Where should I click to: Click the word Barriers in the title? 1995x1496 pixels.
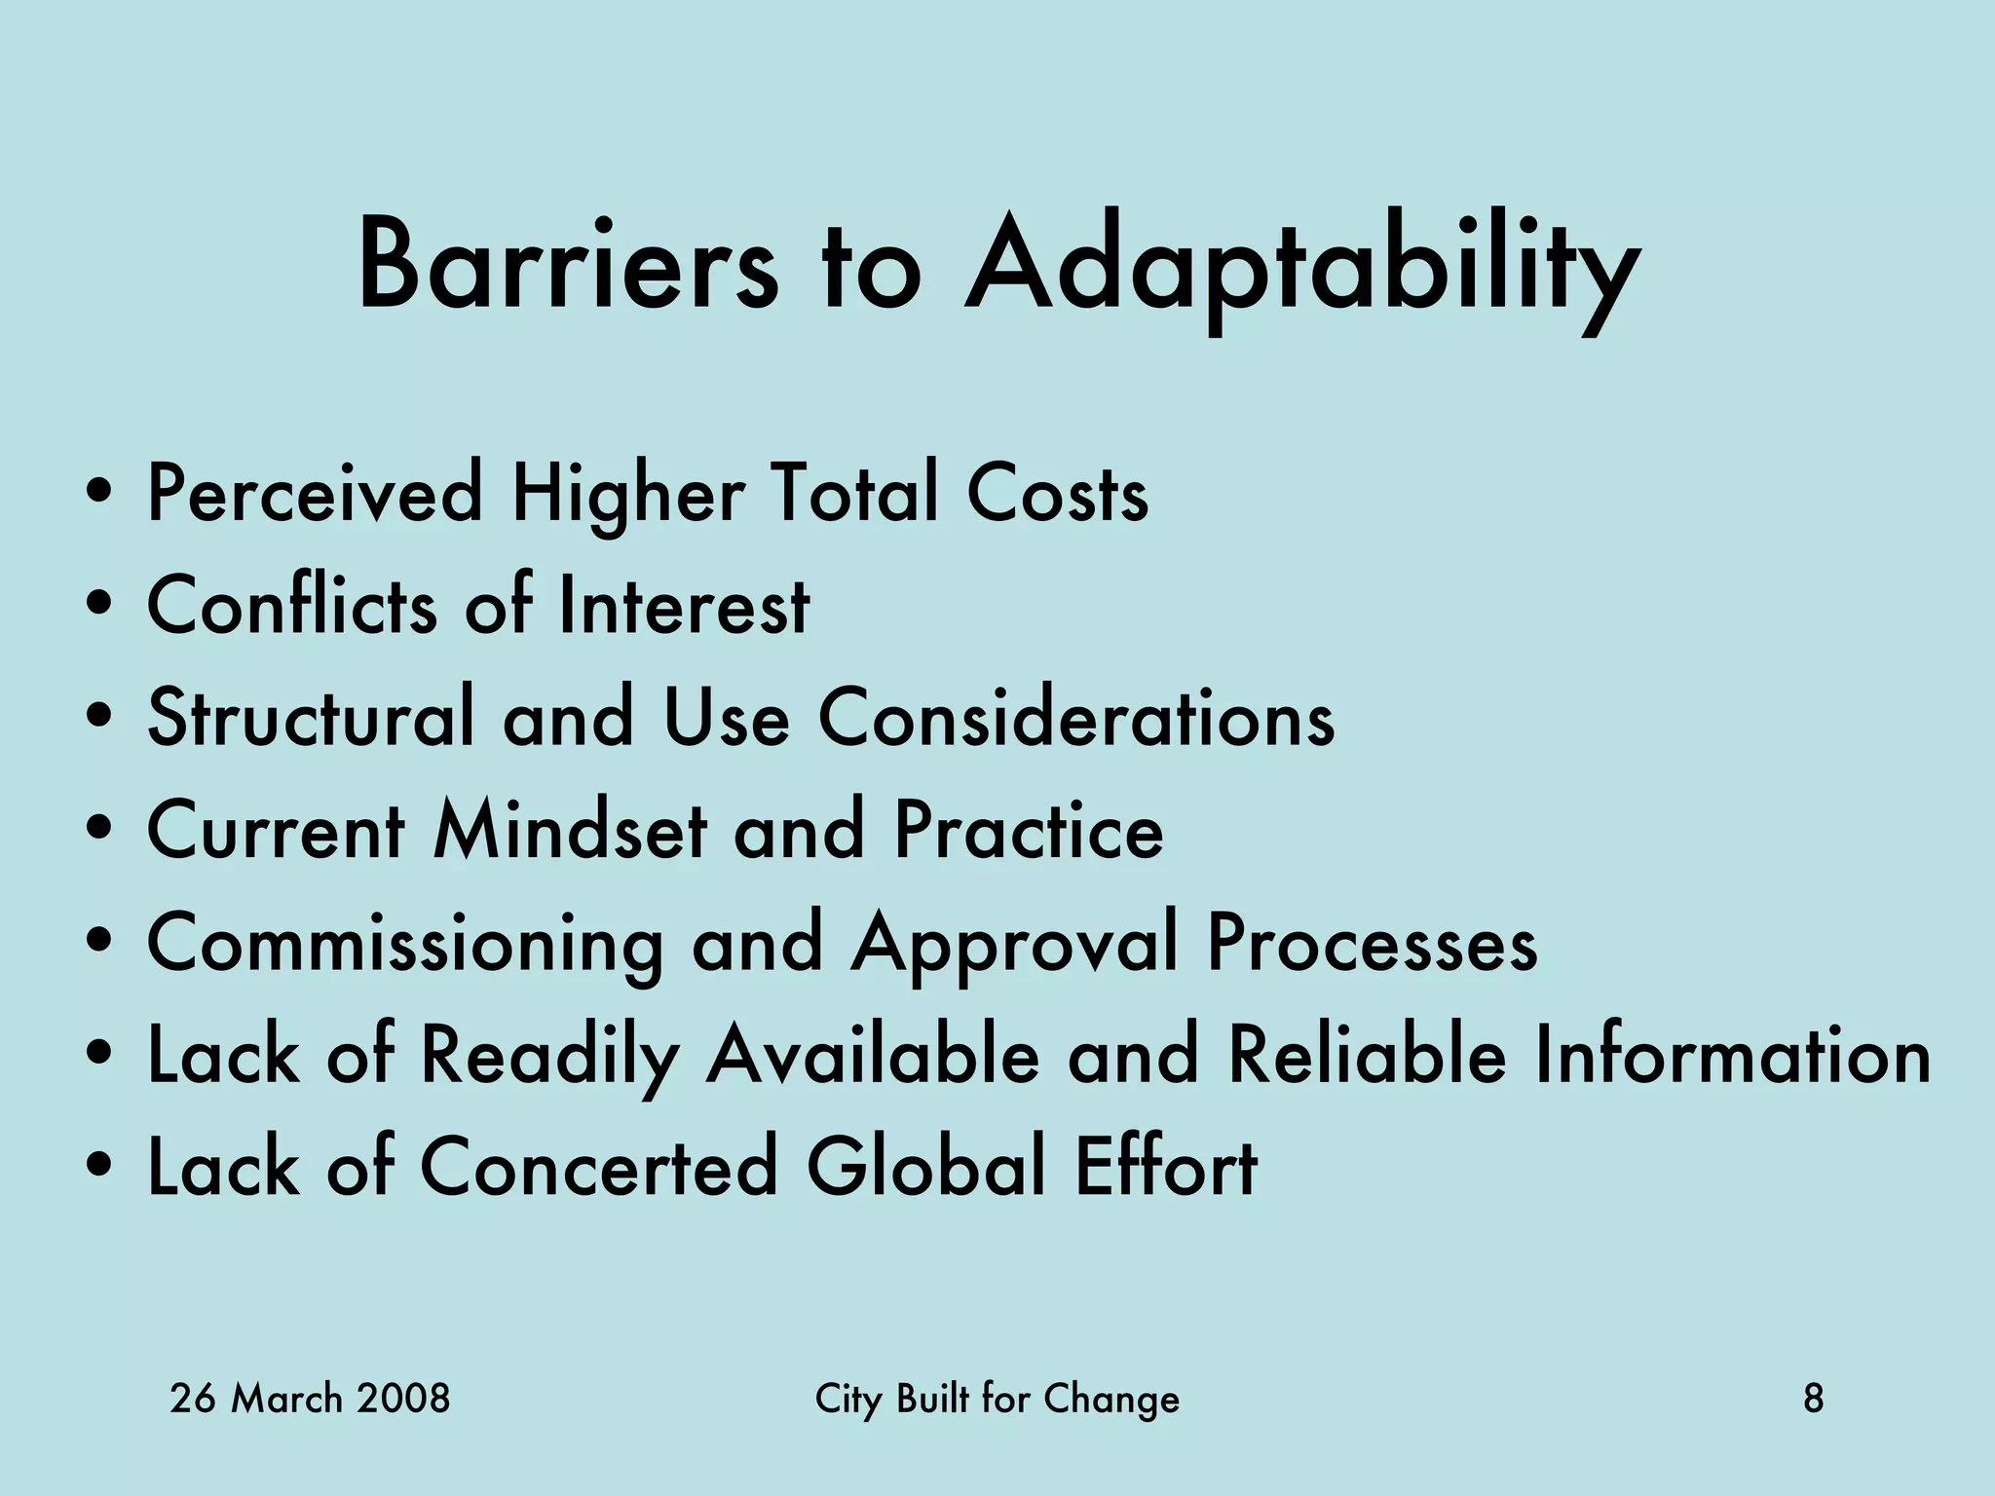click(x=568, y=266)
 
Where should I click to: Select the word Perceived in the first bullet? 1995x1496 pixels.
click(x=315, y=494)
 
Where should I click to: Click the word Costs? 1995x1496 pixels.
click(x=1058, y=494)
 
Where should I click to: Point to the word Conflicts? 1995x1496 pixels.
click(x=292, y=606)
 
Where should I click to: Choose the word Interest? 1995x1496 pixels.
click(x=684, y=606)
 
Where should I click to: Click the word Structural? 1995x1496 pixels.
click(x=311, y=718)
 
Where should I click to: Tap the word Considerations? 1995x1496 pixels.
click(x=1076, y=718)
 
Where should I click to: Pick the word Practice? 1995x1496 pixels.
click(x=1029, y=831)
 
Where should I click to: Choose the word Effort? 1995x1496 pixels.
click(x=1166, y=1167)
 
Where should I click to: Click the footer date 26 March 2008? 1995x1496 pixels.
click(x=310, y=1400)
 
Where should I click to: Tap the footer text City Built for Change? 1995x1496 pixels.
click(x=997, y=1400)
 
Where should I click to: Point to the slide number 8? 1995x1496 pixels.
click(x=1814, y=1400)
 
